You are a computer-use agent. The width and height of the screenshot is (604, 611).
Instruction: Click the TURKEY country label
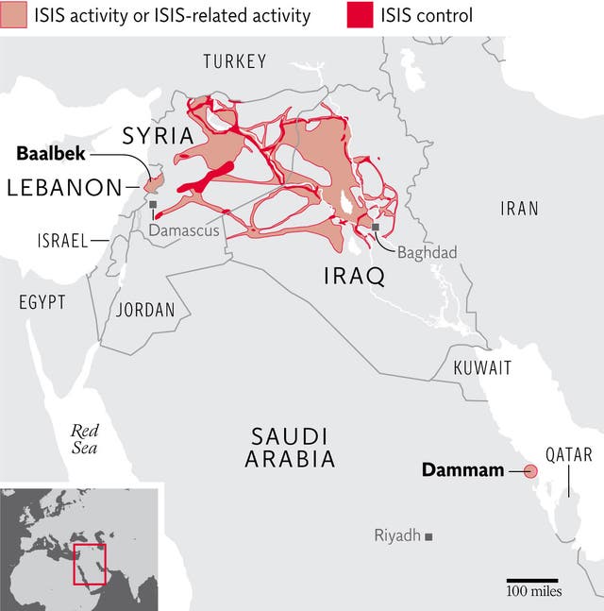(x=235, y=62)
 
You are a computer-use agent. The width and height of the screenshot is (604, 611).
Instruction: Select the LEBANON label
(x=64, y=188)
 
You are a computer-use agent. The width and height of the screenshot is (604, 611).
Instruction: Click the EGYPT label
(x=42, y=302)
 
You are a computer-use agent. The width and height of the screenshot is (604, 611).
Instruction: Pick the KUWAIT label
(x=482, y=368)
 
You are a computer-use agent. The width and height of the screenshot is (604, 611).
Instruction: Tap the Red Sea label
(x=84, y=438)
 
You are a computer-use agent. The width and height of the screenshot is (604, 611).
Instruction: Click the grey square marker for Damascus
(x=153, y=203)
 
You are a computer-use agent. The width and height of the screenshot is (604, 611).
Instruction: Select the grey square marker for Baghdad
(x=376, y=227)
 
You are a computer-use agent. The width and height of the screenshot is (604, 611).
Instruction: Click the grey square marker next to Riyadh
(x=428, y=536)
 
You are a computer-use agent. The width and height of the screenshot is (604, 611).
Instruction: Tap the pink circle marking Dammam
(x=530, y=470)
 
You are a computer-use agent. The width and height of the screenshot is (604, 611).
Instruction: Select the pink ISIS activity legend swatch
(x=17, y=15)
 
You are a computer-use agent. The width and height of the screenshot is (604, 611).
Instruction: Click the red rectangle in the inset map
(x=90, y=564)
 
